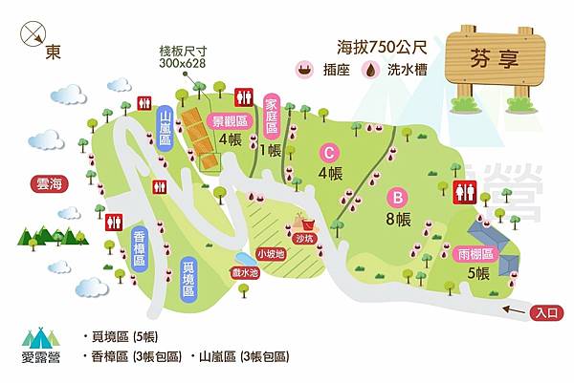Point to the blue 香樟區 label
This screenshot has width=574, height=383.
tap(139, 247)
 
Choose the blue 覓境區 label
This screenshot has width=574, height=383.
tap(188, 276)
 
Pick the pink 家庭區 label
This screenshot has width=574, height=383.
tap(271, 116)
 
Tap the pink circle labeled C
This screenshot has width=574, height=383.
tap(329, 152)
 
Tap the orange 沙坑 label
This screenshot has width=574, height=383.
tap(303, 238)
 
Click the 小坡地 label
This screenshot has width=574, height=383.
tap(271, 254)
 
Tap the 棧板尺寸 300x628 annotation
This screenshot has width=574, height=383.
tap(185, 56)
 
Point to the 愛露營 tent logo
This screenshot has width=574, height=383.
tap(40, 345)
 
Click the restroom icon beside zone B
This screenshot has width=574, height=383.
tap(466, 191)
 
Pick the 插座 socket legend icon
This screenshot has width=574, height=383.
tap(305, 69)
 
